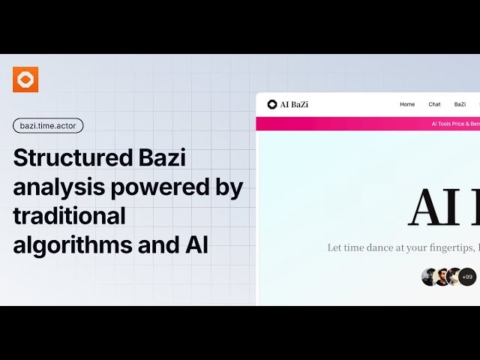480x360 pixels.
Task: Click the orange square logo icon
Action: click(x=25, y=79)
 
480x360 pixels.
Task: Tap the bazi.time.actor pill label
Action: click(x=48, y=125)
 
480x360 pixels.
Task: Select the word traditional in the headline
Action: click(x=69, y=216)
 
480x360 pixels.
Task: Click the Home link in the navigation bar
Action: click(x=407, y=104)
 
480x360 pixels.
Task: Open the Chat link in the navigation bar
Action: click(x=434, y=104)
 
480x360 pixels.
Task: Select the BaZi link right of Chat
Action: click(x=460, y=104)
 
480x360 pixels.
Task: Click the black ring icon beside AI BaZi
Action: click(x=271, y=104)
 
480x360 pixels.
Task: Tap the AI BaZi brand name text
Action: click(x=294, y=104)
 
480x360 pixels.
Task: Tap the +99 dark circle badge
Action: click(x=467, y=277)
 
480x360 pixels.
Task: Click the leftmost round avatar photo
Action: click(x=430, y=277)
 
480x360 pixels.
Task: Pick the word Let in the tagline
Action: click(x=335, y=247)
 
